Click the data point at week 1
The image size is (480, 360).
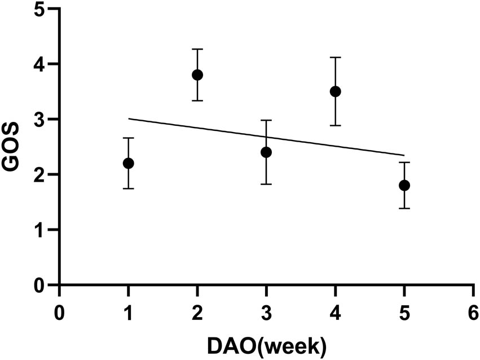tap(129, 163)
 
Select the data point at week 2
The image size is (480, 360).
tap(197, 75)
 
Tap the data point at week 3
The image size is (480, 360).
tap(266, 152)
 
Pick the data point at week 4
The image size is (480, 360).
tap(336, 91)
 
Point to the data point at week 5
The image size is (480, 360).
tap(404, 186)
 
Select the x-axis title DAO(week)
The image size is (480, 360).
tap(266, 343)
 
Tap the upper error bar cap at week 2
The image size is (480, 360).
tap(197, 49)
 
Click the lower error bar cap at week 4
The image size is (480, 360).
tap(336, 125)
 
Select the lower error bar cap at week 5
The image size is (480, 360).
tap(404, 208)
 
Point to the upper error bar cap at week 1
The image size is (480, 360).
tap(129, 138)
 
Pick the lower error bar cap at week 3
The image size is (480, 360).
tap(266, 184)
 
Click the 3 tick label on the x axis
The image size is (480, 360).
tap(266, 313)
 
